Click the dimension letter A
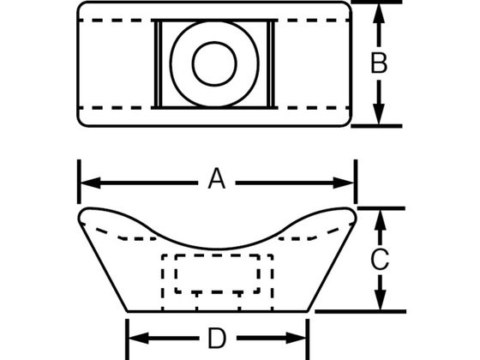point(217,178)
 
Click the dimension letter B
point(379,63)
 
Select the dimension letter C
point(380,260)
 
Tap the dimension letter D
point(217,339)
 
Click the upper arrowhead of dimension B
point(379,13)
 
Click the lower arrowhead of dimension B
point(379,114)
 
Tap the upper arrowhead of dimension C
point(380,220)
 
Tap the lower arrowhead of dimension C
point(380,300)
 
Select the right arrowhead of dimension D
point(296,338)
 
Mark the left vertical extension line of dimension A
point(79,182)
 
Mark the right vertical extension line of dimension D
point(308,339)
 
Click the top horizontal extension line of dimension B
point(376,2)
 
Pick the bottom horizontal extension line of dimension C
point(360,312)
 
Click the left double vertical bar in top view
point(156,64)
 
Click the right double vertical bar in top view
point(271,64)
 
